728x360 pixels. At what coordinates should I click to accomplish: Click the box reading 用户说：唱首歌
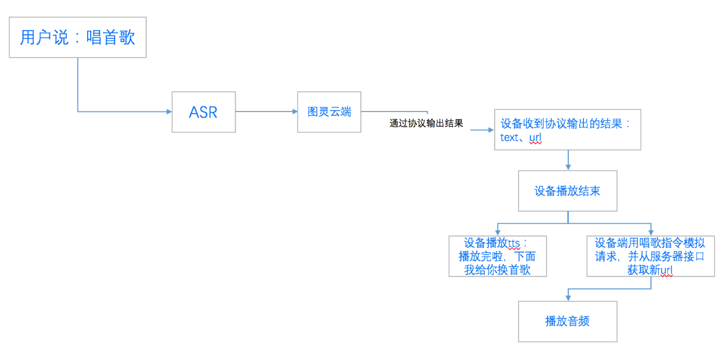pos(77,37)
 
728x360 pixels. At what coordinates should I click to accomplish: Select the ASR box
pos(203,112)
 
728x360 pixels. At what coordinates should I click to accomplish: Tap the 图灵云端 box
pos(329,112)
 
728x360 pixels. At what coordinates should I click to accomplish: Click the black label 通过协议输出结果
pos(426,123)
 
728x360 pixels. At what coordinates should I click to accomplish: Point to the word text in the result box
pos(509,138)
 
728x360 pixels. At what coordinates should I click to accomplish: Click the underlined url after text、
pos(535,138)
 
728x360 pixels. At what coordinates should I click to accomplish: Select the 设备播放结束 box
pos(567,191)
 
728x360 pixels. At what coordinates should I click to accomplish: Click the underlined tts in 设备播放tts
pos(514,243)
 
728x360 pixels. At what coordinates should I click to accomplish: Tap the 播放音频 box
pos(567,321)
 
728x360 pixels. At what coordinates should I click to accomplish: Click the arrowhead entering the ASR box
pos(169,112)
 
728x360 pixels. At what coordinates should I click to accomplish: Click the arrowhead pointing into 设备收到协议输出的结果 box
pos(491,130)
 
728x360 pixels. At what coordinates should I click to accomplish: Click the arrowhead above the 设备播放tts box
pos(498,232)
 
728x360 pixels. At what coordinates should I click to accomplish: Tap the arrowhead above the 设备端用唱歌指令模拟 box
pos(651,232)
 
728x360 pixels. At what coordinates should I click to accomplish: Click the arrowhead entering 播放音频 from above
pos(568,298)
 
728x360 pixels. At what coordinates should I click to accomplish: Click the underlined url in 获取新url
pos(667,270)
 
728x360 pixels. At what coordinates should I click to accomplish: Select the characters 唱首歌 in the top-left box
pos(110,37)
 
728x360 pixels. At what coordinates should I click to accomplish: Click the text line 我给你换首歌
pos(497,270)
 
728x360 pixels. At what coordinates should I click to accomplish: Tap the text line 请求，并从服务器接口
pos(650,256)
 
